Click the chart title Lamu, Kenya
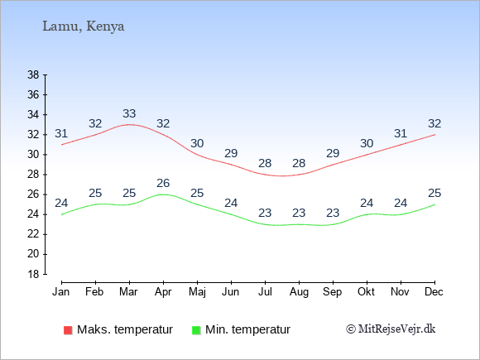click(x=84, y=26)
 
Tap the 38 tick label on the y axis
click(x=33, y=74)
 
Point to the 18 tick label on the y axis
click(x=33, y=274)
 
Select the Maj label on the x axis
click(x=197, y=292)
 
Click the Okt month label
click(x=366, y=292)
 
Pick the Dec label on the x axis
click(x=434, y=292)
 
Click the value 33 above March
click(x=129, y=114)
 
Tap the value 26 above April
click(x=163, y=184)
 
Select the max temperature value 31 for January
click(x=61, y=134)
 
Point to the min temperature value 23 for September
click(x=333, y=213)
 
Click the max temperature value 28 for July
click(x=265, y=164)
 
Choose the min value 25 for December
click(x=434, y=193)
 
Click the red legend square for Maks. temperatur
click(x=68, y=330)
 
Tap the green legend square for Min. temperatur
click(x=196, y=330)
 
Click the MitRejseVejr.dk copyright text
click(x=391, y=329)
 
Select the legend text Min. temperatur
click(x=247, y=329)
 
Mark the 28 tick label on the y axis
click(x=33, y=175)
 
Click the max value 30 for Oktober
click(x=367, y=143)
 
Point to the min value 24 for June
click(x=231, y=204)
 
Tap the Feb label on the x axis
click(x=94, y=292)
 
